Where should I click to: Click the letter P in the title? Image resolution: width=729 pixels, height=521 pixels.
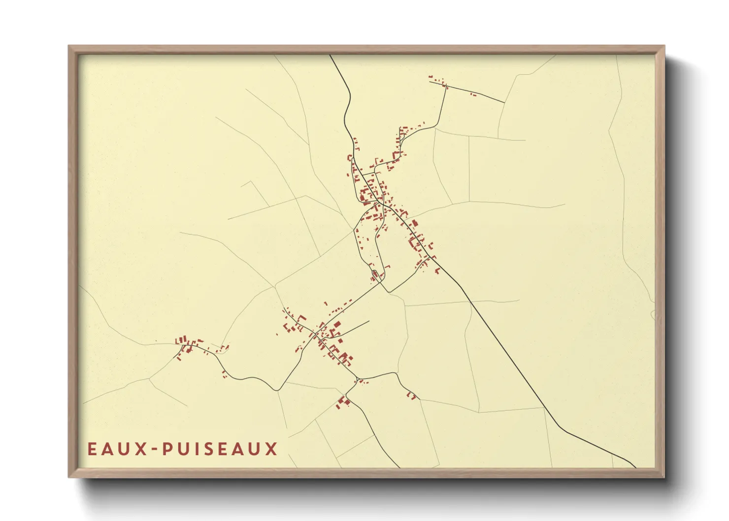tap(167, 449)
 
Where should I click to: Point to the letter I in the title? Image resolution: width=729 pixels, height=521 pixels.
tap(196, 449)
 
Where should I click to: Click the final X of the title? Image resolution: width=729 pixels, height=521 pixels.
tap(272, 449)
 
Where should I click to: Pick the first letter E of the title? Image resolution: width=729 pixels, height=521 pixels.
tap(92, 449)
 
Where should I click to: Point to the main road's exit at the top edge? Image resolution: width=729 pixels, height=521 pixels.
tap(330, 55)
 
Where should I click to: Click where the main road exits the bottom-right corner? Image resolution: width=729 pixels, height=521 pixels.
tap(635, 467)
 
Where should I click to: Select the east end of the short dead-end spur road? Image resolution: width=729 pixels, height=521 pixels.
tap(369, 322)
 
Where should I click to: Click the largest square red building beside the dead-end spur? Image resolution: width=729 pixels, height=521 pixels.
tap(337, 325)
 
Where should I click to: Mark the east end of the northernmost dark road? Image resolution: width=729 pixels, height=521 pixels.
tap(504, 102)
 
